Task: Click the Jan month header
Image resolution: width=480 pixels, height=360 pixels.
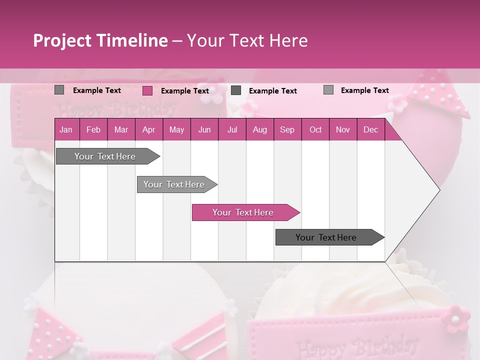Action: [x=66, y=130]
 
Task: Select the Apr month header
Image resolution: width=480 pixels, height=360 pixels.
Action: [x=148, y=130]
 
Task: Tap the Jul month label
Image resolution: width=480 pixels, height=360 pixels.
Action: [x=232, y=130]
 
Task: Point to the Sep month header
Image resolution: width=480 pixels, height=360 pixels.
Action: [x=287, y=130]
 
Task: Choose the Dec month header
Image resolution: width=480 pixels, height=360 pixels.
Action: [x=370, y=130]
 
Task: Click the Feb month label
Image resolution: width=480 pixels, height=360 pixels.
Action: [x=93, y=130]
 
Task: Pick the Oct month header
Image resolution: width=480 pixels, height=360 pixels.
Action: [x=315, y=130]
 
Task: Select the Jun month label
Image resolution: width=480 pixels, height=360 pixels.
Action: [x=204, y=130]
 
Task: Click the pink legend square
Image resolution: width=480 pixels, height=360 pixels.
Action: [x=147, y=90]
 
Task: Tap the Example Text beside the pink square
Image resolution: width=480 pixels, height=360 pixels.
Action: [x=184, y=91]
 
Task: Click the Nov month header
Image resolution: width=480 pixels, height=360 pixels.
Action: [x=343, y=130]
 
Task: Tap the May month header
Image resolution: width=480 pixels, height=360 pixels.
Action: [x=176, y=130]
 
